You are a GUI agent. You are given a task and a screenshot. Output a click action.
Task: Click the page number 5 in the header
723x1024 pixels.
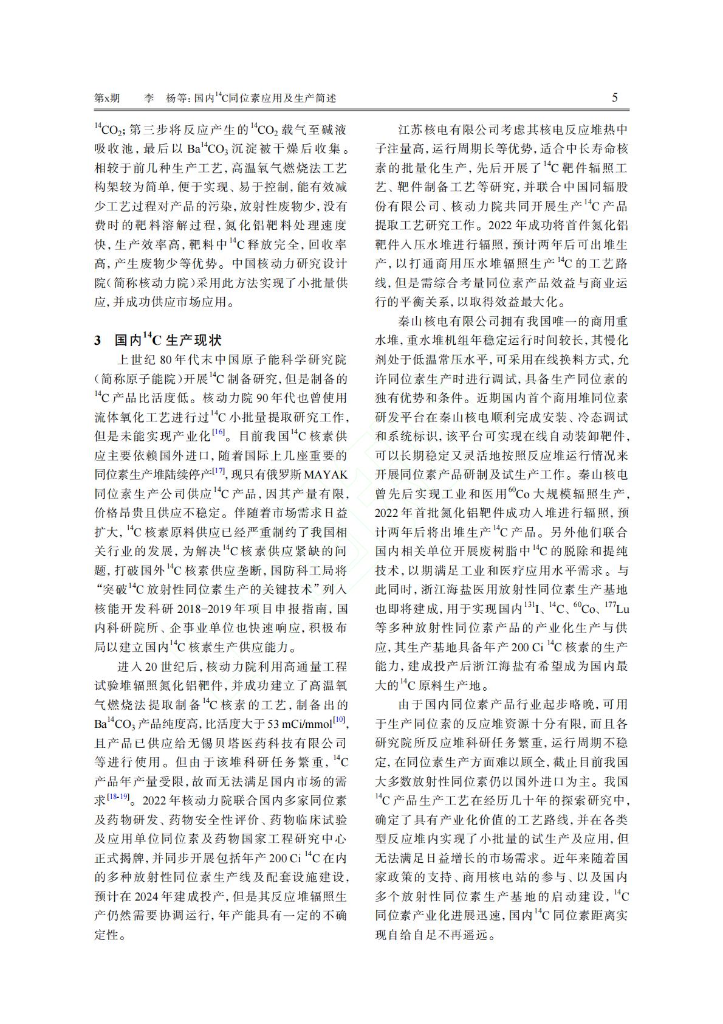point(615,98)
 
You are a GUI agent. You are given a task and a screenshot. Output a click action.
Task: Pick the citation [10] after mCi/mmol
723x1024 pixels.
point(340,721)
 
